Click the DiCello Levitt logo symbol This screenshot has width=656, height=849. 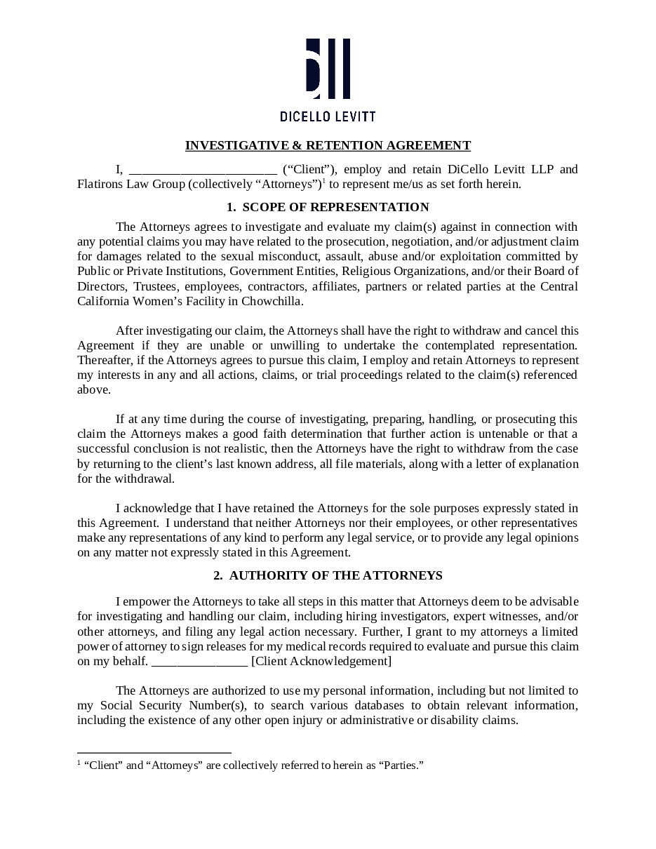coord(328,69)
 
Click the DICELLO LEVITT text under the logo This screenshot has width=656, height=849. coord(328,116)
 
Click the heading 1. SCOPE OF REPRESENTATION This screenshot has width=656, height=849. coord(328,207)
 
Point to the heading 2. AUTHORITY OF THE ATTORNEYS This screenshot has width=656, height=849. coord(328,575)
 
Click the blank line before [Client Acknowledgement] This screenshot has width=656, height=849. coord(199,662)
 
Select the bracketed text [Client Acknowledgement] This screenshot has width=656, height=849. coord(321,661)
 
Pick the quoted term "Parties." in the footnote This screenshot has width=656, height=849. coord(402,765)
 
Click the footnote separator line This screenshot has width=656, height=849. coord(154,751)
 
